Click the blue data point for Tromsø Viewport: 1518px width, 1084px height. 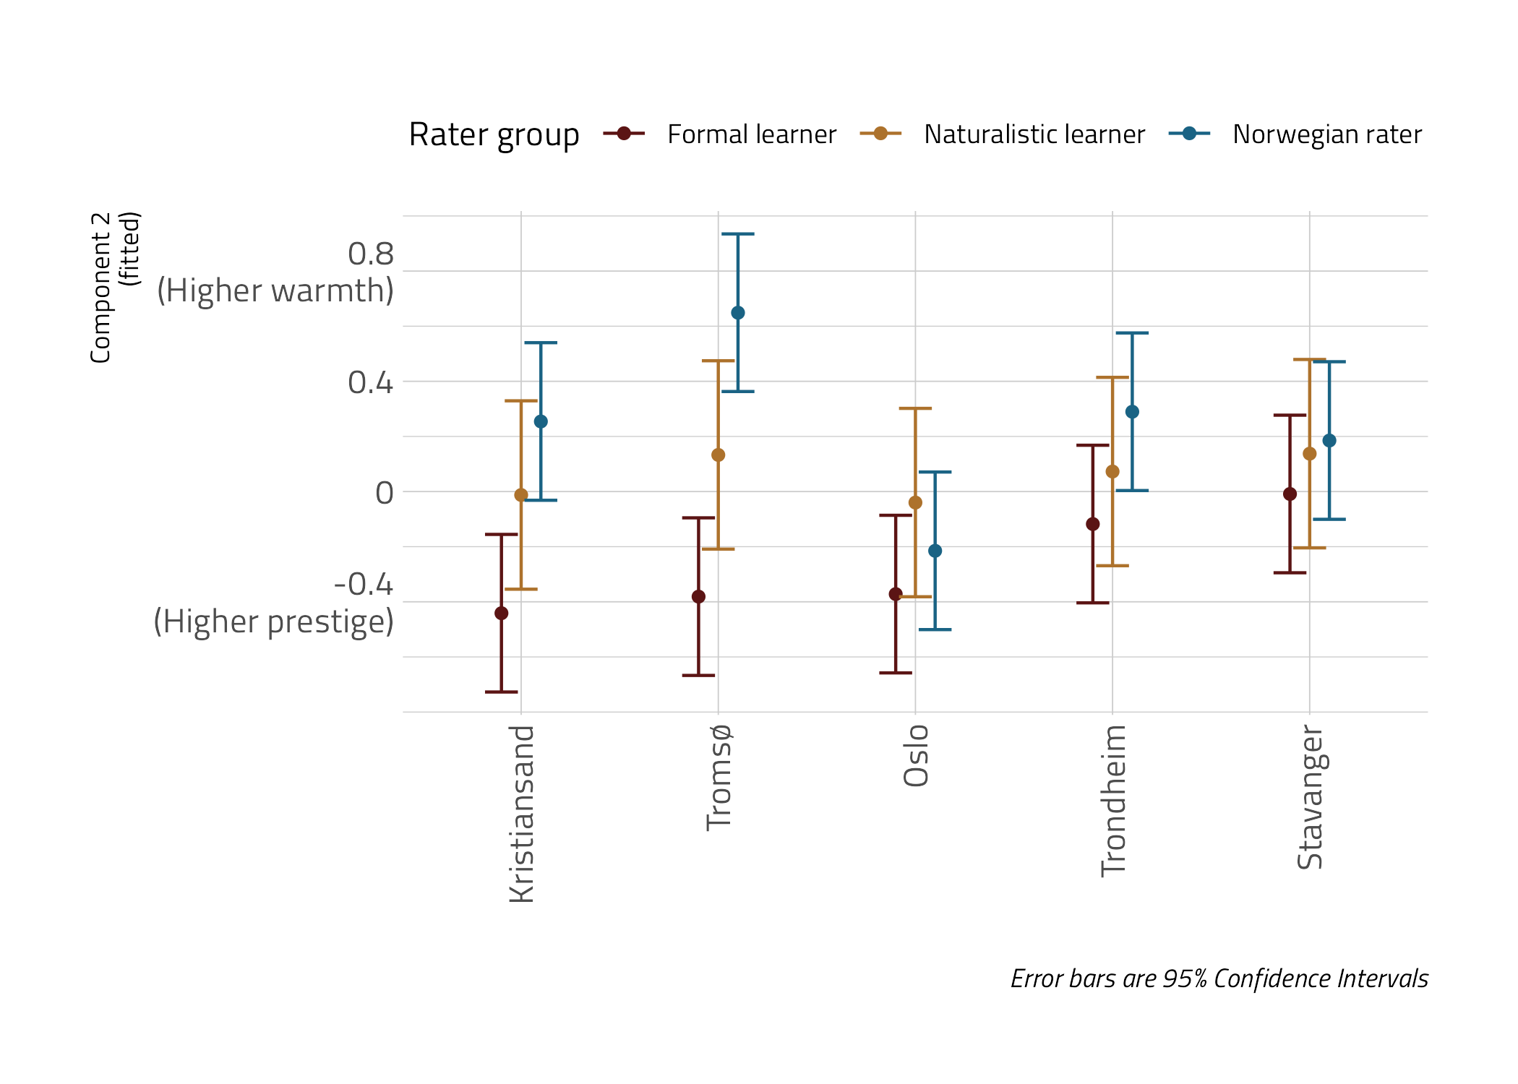(x=737, y=313)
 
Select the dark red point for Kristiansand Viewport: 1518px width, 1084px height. (x=501, y=614)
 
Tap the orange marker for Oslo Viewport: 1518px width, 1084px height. (x=915, y=502)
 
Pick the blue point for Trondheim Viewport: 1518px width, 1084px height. (x=1132, y=412)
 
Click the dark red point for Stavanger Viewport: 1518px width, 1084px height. (x=1290, y=494)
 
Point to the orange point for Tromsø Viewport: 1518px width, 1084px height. (x=718, y=455)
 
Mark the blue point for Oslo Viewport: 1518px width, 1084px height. (x=935, y=551)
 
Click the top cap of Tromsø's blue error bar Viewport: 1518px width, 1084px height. (x=737, y=234)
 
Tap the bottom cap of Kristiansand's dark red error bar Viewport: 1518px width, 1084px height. (x=501, y=692)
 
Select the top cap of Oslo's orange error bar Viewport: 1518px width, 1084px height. (x=915, y=408)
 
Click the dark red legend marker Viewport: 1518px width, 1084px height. (x=624, y=134)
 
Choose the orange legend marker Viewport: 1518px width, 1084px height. (x=880, y=134)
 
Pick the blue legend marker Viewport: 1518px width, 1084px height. (x=1189, y=134)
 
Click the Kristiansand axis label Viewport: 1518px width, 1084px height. (x=522, y=814)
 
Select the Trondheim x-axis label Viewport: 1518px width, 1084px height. (x=1113, y=801)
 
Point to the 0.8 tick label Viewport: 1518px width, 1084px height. (x=371, y=254)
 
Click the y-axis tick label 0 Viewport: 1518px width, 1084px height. (x=385, y=493)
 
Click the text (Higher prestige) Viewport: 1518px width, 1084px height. (x=273, y=621)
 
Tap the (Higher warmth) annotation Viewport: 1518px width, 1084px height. (x=275, y=291)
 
